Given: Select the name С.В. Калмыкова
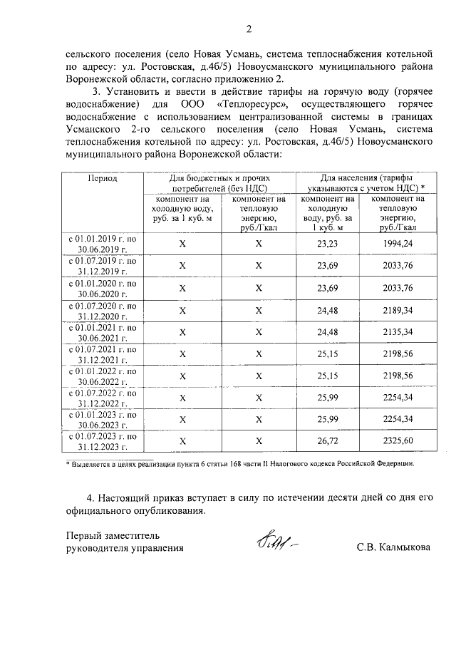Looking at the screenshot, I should coord(394,547).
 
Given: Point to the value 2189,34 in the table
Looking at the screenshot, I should coord(398,309).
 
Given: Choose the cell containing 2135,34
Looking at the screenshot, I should coord(398,331).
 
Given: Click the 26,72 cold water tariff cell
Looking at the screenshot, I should coord(327,441).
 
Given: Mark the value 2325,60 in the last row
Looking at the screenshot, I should coord(398,441).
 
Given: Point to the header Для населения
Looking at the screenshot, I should coord(364,182).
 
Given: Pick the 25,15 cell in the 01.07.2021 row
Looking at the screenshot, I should coord(327,354).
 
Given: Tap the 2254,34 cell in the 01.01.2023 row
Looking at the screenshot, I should coord(398,419).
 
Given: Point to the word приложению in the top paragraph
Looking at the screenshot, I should coord(244,78).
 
